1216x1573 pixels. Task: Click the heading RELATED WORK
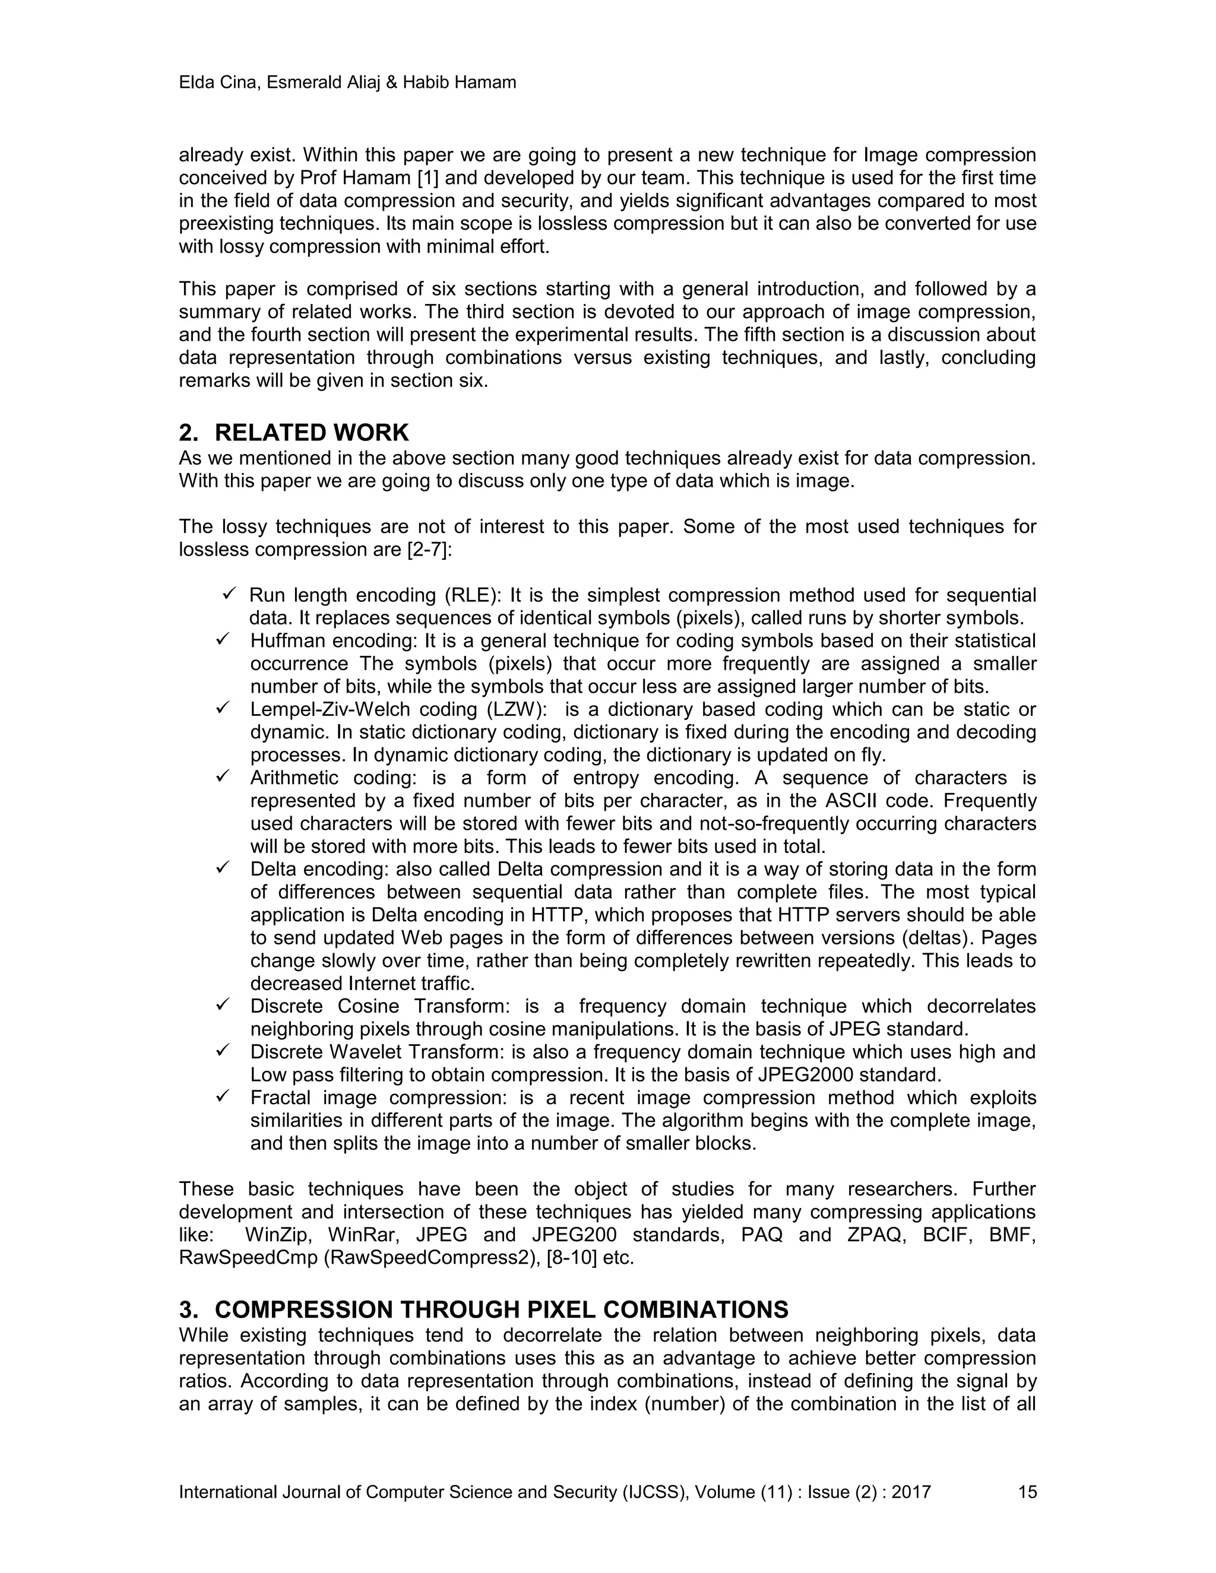click(x=311, y=433)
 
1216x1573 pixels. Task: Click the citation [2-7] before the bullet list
click(x=425, y=550)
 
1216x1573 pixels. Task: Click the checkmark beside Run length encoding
click(x=230, y=594)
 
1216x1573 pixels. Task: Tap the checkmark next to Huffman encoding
click(x=223, y=639)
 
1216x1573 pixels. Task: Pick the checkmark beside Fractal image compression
click(x=223, y=1097)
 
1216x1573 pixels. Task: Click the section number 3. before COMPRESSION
click(x=188, y=1309)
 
